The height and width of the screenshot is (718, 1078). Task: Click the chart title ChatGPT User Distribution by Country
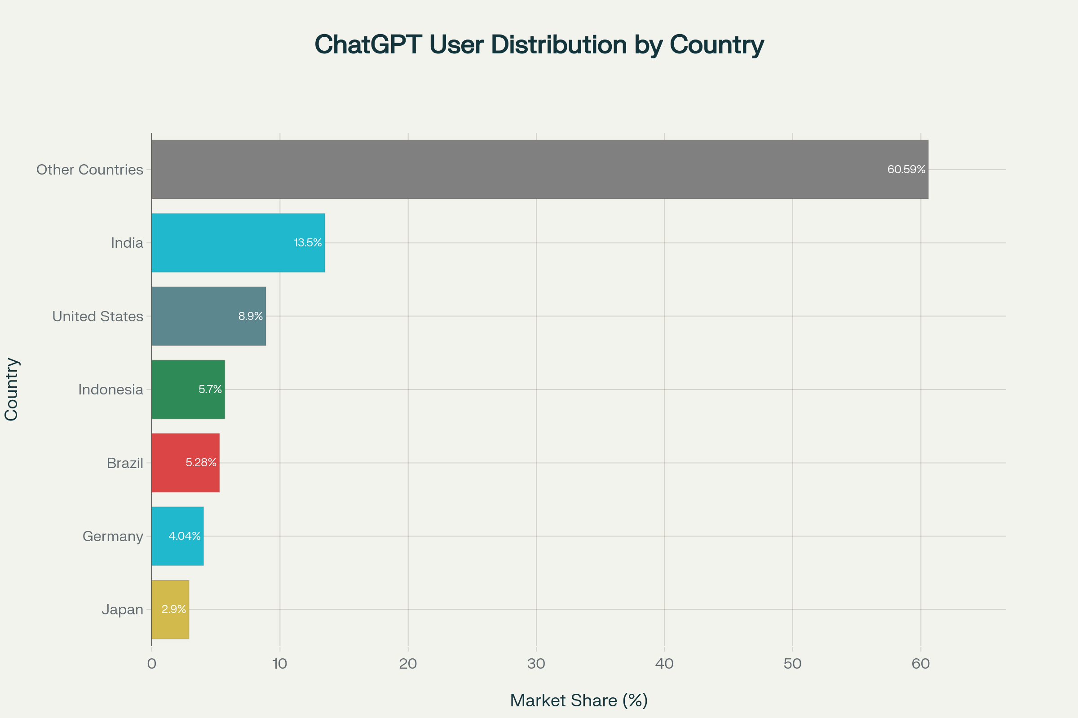click(x=539, y=45)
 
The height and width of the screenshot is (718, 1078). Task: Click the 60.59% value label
click(x=906, y=170)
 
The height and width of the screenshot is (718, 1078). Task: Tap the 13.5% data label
click(x=308, y=243)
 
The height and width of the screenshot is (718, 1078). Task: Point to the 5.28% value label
click(x=201, y=463)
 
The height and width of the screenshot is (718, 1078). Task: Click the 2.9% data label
click(x=174, y=609)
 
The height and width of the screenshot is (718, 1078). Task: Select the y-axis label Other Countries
click(x=90, y=170)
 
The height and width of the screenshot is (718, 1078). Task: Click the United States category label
click(x=97, y=316)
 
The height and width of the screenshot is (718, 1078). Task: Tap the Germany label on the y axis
click(x=113, y=536)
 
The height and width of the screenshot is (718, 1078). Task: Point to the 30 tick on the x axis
click(x=536, y=664)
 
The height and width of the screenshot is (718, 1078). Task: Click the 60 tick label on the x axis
click(x=920, y=664)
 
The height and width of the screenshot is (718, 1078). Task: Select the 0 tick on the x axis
click(x=152, y=664)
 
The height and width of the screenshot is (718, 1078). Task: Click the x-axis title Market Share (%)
click(x=579, y=700)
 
